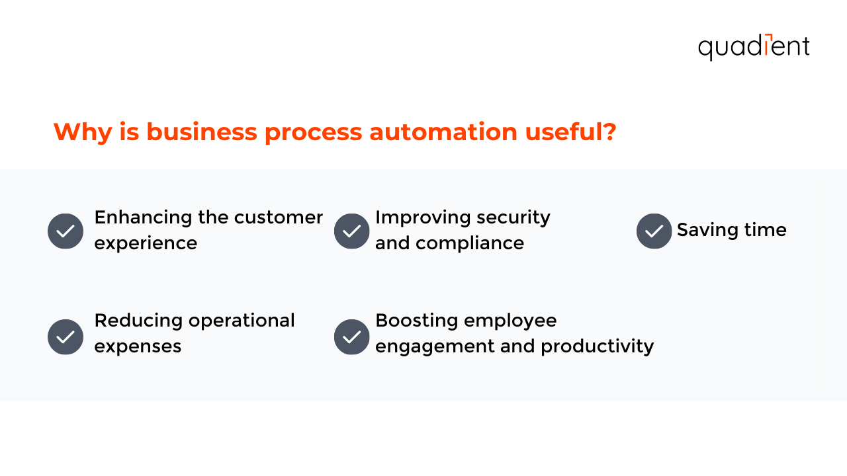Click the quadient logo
[x=754, y=47]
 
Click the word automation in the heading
[x=443, y=132]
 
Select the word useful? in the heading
[x=570, y=132]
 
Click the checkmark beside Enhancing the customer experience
[x=66, y=231]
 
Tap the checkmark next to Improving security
[x=352, y=231]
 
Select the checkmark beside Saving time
[x=654, y=231]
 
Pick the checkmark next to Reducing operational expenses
[x=66, y=337]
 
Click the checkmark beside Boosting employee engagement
[x=352, y=337]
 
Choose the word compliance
[x=470, y=243]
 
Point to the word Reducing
[x=138, y=321]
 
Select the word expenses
[x=138, y=346]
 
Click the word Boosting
[x=416, y=321]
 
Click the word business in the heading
[x=202, y=132]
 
